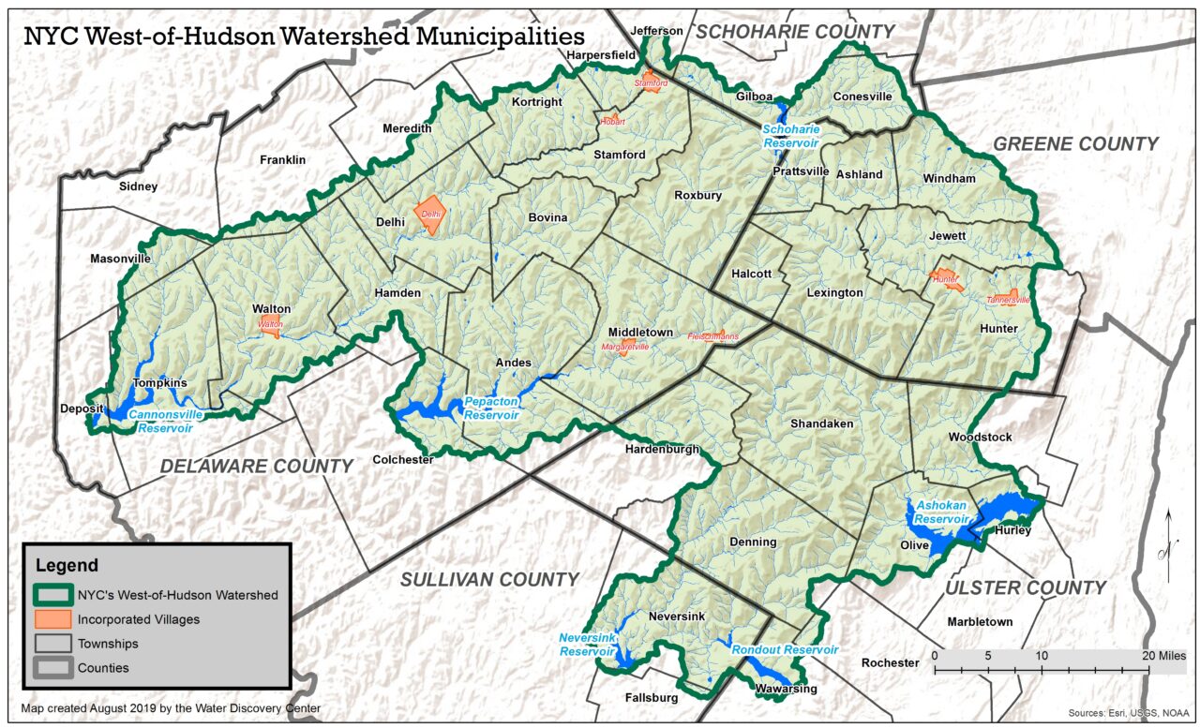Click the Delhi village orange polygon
tap(430, 215)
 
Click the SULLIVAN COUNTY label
tap(489, 580)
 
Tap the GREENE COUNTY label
tap(1075, 144)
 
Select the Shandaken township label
tap(821, 423)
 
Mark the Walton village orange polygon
tap(271, 328)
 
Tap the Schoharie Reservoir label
tap(791, 136)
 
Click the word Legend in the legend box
tap(67, 565)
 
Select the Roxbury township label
tap(697, 196)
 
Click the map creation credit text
tap(171, 708)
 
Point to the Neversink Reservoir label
tap(587, 644)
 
